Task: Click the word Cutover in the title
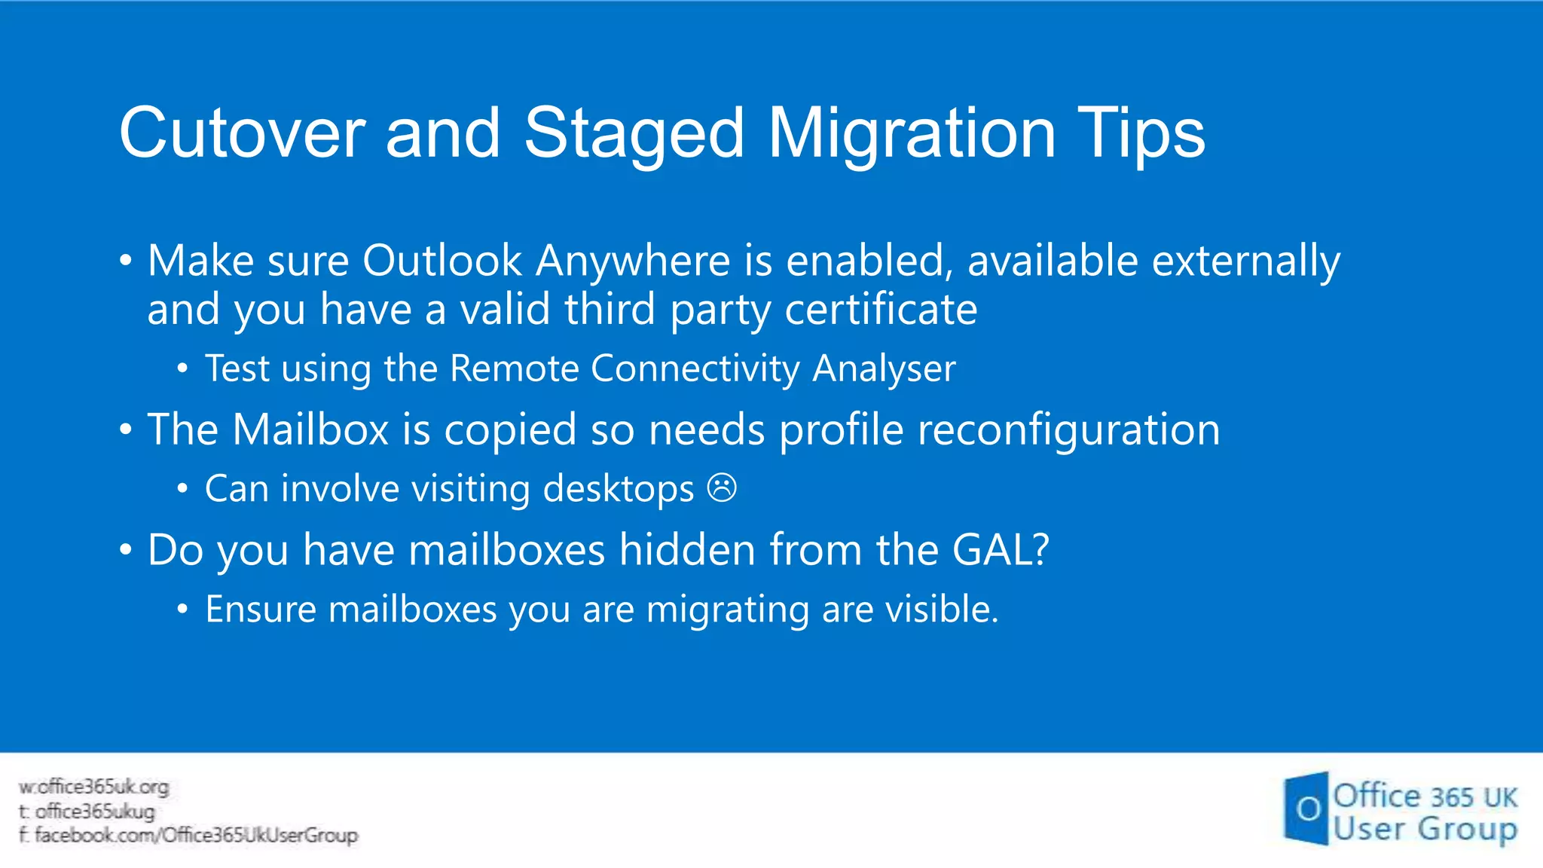tap(242, 133)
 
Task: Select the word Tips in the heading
tap(1141, 133)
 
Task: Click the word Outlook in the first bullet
tap(442, 261)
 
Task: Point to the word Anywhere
tap(633, 261)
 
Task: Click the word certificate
tap(881, 310)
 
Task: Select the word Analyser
tap(884, 369)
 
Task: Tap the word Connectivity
tap(695, 369)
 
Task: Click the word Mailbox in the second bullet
tap(310, 430)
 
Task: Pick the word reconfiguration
tap(1068, 430)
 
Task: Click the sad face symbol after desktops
tap(722, 488)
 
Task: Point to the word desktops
tap(619, 489)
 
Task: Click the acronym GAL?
tap(1001, 550)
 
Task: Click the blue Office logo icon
tap(1306, 808)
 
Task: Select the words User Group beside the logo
tap(1424, 830)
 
